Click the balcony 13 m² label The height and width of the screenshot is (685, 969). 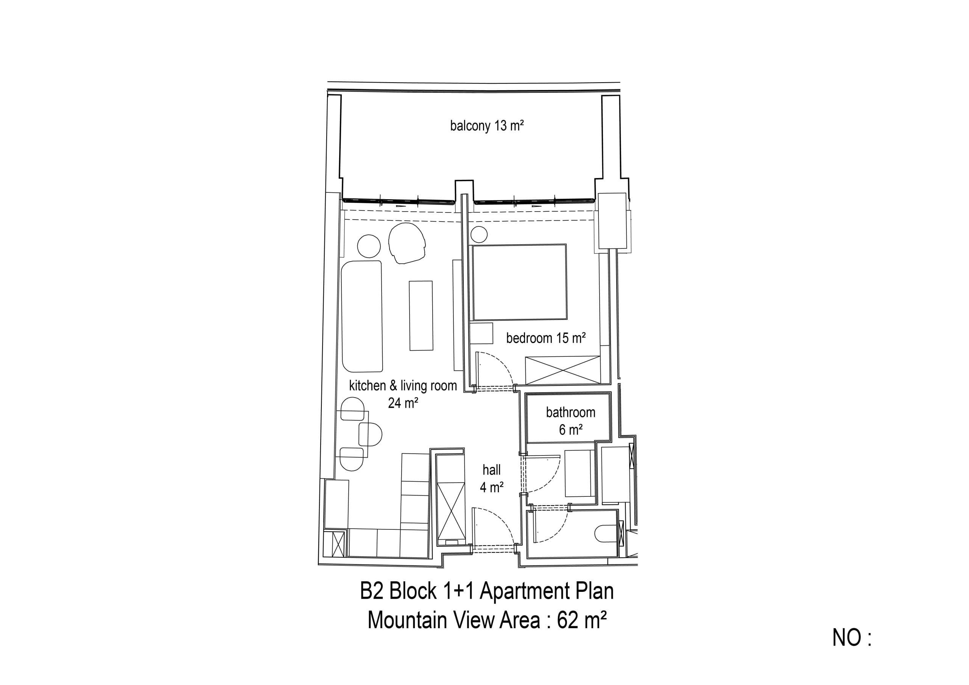pyautogui.click(x=487, y=126)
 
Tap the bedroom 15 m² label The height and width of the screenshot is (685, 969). pyautogui.click(x=546, y=338)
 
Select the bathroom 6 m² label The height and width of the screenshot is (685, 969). pyautogui.click(x=570, y=421)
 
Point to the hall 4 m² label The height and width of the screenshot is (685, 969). pyautogui.click(x=492, y=479)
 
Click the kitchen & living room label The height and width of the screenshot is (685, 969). pyautogui.click(x=403, y=385)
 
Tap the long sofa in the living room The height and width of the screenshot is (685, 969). pyautogui.click(x=362, y=316)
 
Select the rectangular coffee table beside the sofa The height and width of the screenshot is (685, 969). pyautogui.click(x=421, y=315)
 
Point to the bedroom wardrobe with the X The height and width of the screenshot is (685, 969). pyautogui.click(x=562, y=370)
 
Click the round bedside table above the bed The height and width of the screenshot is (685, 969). pyautogui.click(x=479, y=234)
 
